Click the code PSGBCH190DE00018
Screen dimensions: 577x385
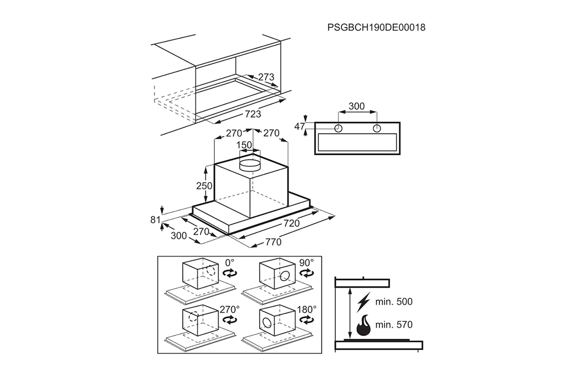(376, 27)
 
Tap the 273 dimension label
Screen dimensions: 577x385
(266, 77)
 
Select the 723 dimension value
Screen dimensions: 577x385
(253, 114)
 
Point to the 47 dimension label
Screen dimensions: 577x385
(300, 126)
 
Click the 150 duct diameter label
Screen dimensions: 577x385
(244, 145)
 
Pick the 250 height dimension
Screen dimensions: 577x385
(204, 186)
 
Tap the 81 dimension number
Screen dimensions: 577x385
(155, 220)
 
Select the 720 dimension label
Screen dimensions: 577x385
(291, 223)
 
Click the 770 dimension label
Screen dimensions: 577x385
(273, 242)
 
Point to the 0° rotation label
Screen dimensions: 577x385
(230, 263)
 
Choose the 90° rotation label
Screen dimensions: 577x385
(307, 263)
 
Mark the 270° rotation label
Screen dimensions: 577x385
(230, 309)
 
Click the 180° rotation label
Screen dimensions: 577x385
(307, 309)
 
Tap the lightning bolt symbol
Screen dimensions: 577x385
(363, 302)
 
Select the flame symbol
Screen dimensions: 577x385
(364, 325)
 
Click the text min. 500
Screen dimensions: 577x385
(394, 302)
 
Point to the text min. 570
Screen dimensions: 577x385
(394, 325)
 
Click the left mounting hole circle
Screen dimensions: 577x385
(338, 128)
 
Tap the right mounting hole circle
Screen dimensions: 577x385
(377, 128)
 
